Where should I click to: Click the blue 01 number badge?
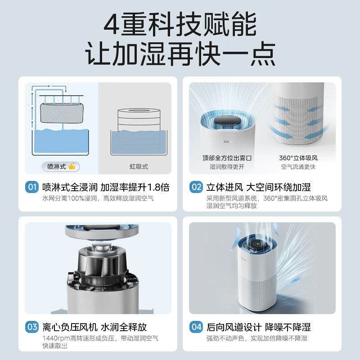point(32,187)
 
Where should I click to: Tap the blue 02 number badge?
point(196,187)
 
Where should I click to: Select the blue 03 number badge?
point(32,327)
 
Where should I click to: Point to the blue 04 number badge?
point(196,327)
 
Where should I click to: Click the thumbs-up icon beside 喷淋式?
point(72,166)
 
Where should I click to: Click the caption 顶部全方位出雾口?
point(226,158)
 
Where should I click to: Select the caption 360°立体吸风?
point(298,158)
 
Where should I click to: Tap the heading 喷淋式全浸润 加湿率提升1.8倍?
point(106,187)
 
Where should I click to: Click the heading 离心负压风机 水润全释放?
point(94,327)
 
